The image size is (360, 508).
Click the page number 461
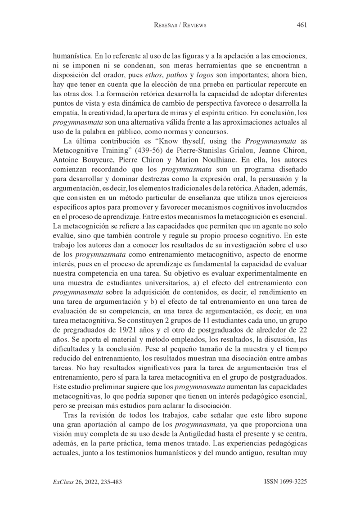(301, 25)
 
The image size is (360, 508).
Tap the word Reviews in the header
(192, 25)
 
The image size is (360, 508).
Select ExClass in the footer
(63, 482)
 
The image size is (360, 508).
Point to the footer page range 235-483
(108, 482)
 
